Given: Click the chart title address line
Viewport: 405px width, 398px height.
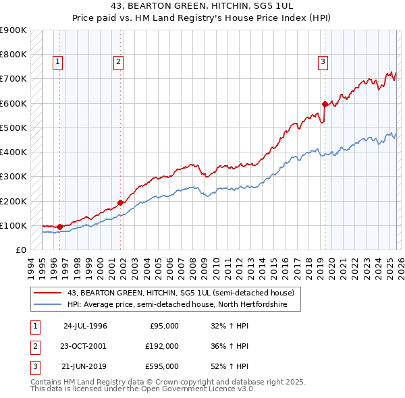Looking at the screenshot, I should pyautogui.click(x=202, y=5).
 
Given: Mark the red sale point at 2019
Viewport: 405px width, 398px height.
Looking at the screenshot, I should pyautogui.click(x=325, y=104).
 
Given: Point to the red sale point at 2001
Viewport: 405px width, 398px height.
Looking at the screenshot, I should pyautogui.click(x=121, y=202).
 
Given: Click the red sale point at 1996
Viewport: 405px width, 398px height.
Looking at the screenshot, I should pyautogui.click(x=60, y=227).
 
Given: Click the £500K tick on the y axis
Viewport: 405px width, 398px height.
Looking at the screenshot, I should pyautogui.click(x=13, y=127).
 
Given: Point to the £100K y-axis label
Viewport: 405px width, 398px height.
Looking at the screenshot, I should pyautogui.click(x=13, y=225).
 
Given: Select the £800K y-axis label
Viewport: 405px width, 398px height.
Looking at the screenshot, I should pyautogui.click(x=13, y=54).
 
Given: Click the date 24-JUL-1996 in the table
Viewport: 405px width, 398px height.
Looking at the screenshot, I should pyautogui.click(x=85, y=326).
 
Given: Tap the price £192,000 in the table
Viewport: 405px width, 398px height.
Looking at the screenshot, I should pyautogui.click(x=161, y=346).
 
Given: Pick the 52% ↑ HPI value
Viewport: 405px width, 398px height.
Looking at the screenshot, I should pyautogui.click(x=230, y=366).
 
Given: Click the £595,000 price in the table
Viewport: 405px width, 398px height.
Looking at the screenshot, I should pyautogui.click(x=161, y=366).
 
